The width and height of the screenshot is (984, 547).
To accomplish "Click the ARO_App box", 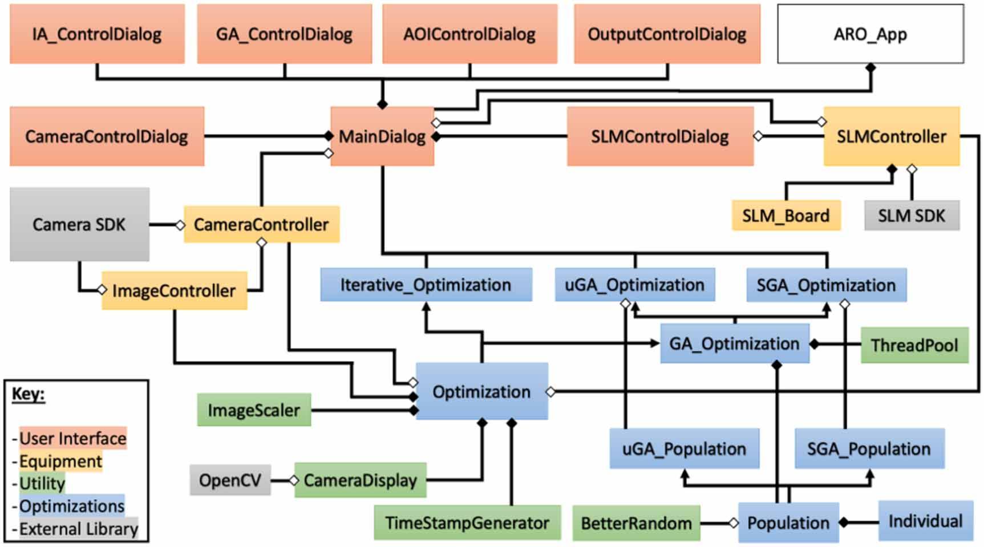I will click(870, 34).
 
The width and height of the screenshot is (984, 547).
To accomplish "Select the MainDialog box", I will click(382, 136).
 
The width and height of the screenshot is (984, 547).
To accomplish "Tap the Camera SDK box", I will click(79, 224).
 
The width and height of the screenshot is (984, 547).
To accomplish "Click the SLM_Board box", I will click(785, 216).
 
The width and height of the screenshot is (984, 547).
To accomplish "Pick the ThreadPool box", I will click(914, 345).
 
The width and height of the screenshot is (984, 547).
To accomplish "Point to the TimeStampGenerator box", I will click(467, 522).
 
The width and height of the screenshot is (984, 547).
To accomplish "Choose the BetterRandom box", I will click(636, 522).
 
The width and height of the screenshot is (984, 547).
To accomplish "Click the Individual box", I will click(925, 521).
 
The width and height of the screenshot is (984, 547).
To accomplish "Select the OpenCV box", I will click(230, 480).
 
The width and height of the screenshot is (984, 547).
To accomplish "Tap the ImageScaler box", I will click(254, 410).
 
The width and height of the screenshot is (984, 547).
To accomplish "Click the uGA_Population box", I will click(684, 449).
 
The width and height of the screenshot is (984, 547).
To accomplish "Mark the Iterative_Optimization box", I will click(426, 285).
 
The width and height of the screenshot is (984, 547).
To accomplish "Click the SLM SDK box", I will click(912, 216).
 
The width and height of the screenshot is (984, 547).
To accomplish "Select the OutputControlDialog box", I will click(667, 34).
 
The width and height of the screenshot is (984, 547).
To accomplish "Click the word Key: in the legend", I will click(29, 394).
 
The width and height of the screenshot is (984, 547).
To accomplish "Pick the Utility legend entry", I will click(42, 483).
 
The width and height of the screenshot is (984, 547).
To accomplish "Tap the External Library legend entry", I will click(79, 529).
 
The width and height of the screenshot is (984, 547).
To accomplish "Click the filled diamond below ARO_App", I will click(870, 68).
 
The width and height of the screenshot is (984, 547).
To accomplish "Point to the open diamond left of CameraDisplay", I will click(294, 480).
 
